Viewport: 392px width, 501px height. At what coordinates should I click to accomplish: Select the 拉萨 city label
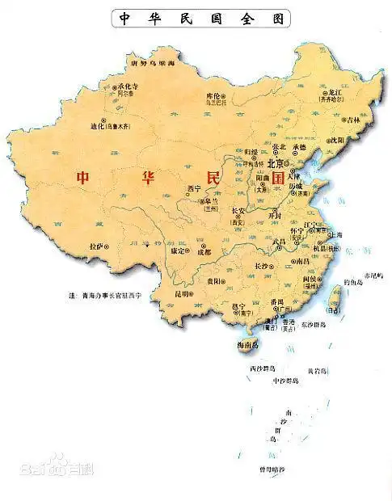pos(98,246)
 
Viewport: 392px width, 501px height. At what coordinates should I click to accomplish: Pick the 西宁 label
pos(193,188)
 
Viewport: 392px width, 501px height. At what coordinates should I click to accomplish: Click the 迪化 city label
pos(99,126)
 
